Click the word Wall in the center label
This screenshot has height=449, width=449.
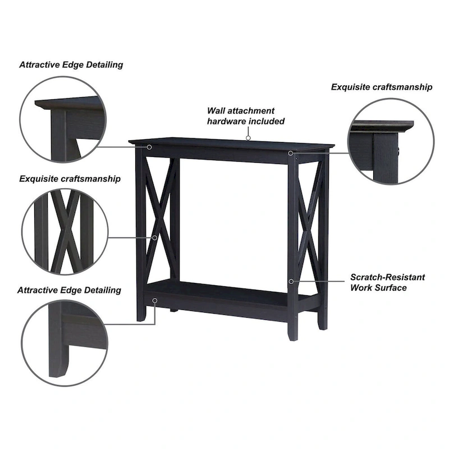click(x=217, y=111)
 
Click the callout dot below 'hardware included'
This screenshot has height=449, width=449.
click(x=248, y=136)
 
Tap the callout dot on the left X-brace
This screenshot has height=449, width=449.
click(x=155, y=237)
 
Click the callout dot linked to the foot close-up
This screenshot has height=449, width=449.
click(x=155, y=301)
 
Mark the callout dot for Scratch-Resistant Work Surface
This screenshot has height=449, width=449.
click(x=291, y=281)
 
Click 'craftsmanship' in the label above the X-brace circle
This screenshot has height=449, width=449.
click(x=93, y=179)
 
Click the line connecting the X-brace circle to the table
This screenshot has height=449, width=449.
click(x=131, y=237)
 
